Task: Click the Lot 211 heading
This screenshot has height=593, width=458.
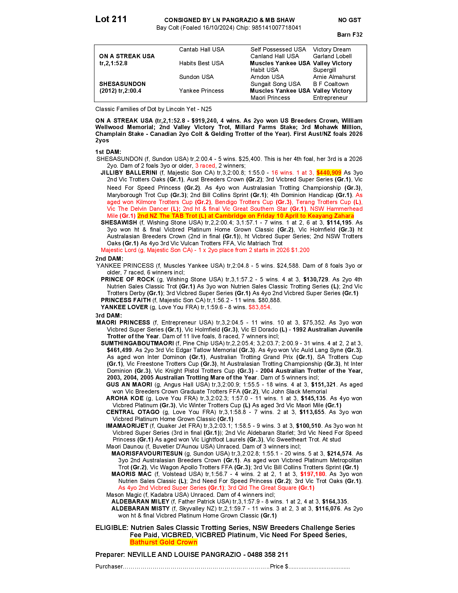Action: pos(111,19)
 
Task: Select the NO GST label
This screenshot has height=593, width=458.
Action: pos(349,20)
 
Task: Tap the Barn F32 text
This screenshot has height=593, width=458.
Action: pos(350,35)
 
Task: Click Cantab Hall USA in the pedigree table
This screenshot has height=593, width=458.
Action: pos(202,49)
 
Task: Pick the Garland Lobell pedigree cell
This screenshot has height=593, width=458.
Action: pos(332,56)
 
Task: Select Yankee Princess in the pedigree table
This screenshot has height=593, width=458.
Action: pos(201,91)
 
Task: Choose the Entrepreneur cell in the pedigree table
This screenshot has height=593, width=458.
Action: pos(330,98)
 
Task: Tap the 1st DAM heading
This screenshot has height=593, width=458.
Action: pos(108,152)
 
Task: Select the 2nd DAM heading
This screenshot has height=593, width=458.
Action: pos(109,258)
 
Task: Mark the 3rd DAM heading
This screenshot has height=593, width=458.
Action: pos(109,316)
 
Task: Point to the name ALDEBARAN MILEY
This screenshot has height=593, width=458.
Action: pos(140,502)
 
